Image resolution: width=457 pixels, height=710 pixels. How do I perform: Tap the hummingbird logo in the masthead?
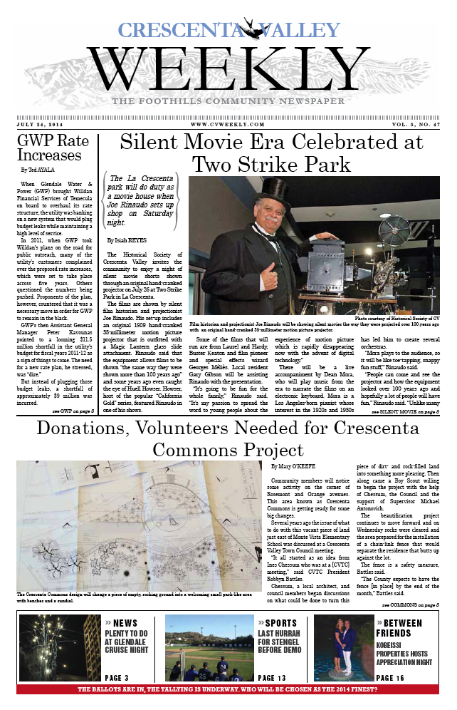pos(248,29)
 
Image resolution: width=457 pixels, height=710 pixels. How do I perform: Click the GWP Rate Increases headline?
pos(50,148)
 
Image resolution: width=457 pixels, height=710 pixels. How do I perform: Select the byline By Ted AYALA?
pos(38,171)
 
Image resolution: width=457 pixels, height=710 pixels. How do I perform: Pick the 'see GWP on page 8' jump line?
pos(73,411)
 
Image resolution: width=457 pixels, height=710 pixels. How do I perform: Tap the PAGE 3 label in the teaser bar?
pos(117,677)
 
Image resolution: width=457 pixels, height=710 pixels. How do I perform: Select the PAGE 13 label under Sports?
pos(273,677)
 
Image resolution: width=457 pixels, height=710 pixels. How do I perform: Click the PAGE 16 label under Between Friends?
pos(390,677)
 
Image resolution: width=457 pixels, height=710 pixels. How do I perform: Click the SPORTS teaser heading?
pos(278,623)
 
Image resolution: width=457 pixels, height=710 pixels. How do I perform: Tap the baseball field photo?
pos(209,649)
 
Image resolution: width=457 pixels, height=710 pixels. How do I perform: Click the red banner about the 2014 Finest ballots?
pos(228,689)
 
